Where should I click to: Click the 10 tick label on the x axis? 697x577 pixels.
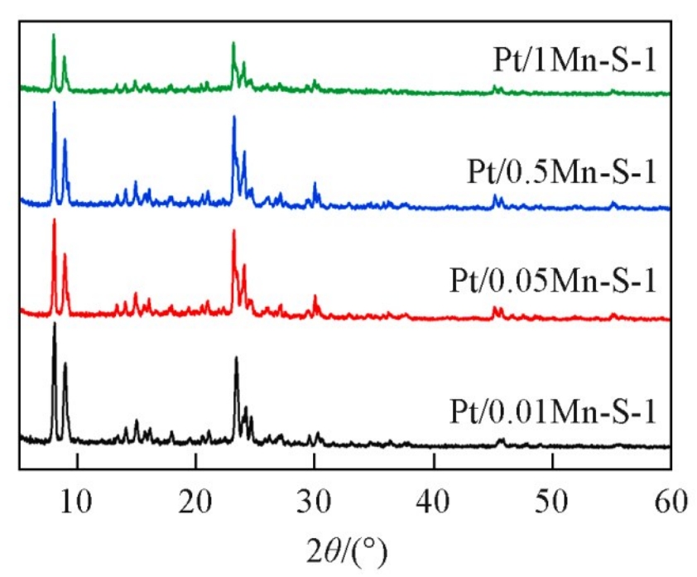(x=77, y=501)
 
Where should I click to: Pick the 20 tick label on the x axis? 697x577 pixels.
(x=195, y=501)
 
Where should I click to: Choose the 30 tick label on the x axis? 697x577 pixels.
(x=315, y=501)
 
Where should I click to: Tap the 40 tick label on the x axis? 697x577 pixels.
(x=433, y=501)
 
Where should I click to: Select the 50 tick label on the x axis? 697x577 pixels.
(x=551, y=501)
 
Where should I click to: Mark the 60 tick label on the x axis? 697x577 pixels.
(x=670, y=501)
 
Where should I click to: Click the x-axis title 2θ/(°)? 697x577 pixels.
(x=344, y=546)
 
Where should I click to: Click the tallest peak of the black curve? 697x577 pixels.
(x=55, y=325)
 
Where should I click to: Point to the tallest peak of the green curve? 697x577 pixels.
(x=54, y=36)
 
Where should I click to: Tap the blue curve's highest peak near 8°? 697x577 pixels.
(x=55, y=103)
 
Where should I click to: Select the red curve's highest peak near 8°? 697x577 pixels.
(x=55, y=220)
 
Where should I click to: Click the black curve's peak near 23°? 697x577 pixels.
(x=236, y=358)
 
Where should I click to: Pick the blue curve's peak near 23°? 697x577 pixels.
(x=234, y=118)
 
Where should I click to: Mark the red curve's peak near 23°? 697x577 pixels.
(x=234, y=231)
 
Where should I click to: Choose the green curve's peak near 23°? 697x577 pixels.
(x=233, y=43)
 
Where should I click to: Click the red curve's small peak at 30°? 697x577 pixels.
(x=315, y=296)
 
